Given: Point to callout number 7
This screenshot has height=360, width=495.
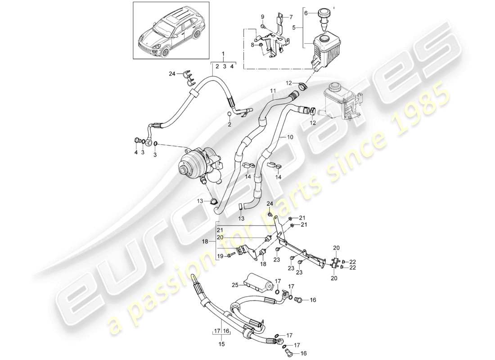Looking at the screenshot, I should tap(291, 17).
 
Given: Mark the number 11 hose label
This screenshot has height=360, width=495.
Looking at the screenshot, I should tap(272, 91).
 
